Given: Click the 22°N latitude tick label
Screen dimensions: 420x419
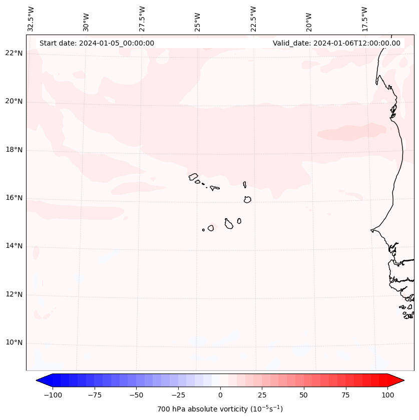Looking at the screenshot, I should [x=14, y=54].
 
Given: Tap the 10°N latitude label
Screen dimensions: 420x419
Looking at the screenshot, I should [x=14, y=343].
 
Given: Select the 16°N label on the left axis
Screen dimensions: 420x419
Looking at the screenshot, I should [x=14, y=198].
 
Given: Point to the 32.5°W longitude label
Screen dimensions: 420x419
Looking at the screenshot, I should [x=31, y=19].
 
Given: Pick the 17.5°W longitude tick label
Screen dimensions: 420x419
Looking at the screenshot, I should [x=364, y=19].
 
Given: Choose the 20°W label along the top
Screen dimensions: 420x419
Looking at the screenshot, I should [x=309, y=23].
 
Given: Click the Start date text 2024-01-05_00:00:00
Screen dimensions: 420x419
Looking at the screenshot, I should [x=97, y=43].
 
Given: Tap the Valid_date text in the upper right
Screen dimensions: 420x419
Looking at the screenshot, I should [x=336, y=43].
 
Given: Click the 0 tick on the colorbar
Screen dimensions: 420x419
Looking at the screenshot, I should [x=220, y=395].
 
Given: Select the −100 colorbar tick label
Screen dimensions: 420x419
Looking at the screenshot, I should [x=53, y=395].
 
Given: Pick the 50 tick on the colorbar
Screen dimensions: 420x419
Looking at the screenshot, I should [x=304, y=395].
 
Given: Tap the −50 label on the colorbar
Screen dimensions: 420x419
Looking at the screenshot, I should [x=136, y=395].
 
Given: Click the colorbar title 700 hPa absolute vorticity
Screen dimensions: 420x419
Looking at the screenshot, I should [x=220, y=409].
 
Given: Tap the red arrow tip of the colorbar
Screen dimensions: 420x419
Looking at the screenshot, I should [x=401, y=380].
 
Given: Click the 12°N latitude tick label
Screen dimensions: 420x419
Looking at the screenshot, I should [x=14, y=295].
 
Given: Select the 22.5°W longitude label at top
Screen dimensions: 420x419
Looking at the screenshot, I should [x=253, y=19].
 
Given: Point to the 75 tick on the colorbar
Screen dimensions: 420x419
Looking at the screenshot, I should [x=346, y=395].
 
